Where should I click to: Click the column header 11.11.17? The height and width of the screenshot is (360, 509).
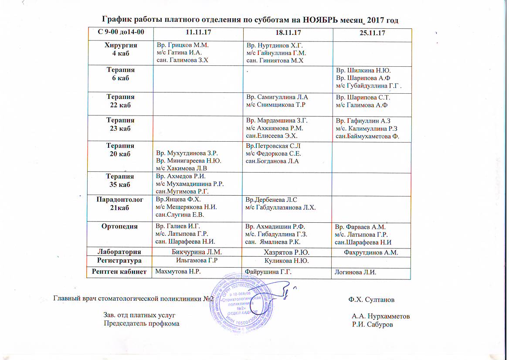click(x=195, y=33)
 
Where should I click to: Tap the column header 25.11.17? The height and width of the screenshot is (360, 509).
click(x=371, y=34)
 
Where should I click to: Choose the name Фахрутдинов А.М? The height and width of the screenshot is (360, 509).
click(x=372, y=252)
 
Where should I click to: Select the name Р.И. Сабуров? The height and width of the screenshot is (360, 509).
click(x=373, y=324)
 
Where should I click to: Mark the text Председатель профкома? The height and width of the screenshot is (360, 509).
click(x=141, y=323)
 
